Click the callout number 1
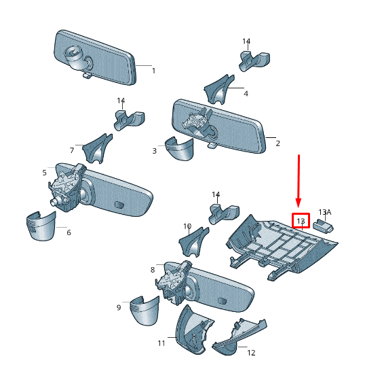[x=153, y=71]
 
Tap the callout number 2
[x=277, y=143]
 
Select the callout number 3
[x=154, y=151]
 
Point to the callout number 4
[x=246, y=94]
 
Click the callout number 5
[x=44, y=173]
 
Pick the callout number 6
[x=69, y=232]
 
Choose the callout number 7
[x=72, y=150]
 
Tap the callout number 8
[x=153, y=270]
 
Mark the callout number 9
[x=119, y=308]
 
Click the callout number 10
[x=187, y=226]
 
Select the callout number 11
[x=161, y=343]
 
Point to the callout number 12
[x=251, y=353]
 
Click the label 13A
[x=325, y=212]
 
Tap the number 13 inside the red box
[x=301, y=222]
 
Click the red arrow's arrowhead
[x=299, y=203]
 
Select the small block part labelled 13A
[x=323, y=226]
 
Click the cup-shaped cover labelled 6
[x=41, y=226]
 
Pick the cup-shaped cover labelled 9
[x=145, y=311]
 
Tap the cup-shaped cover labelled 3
[x=179, y=149]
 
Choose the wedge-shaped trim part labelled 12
[x=239, y=336]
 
